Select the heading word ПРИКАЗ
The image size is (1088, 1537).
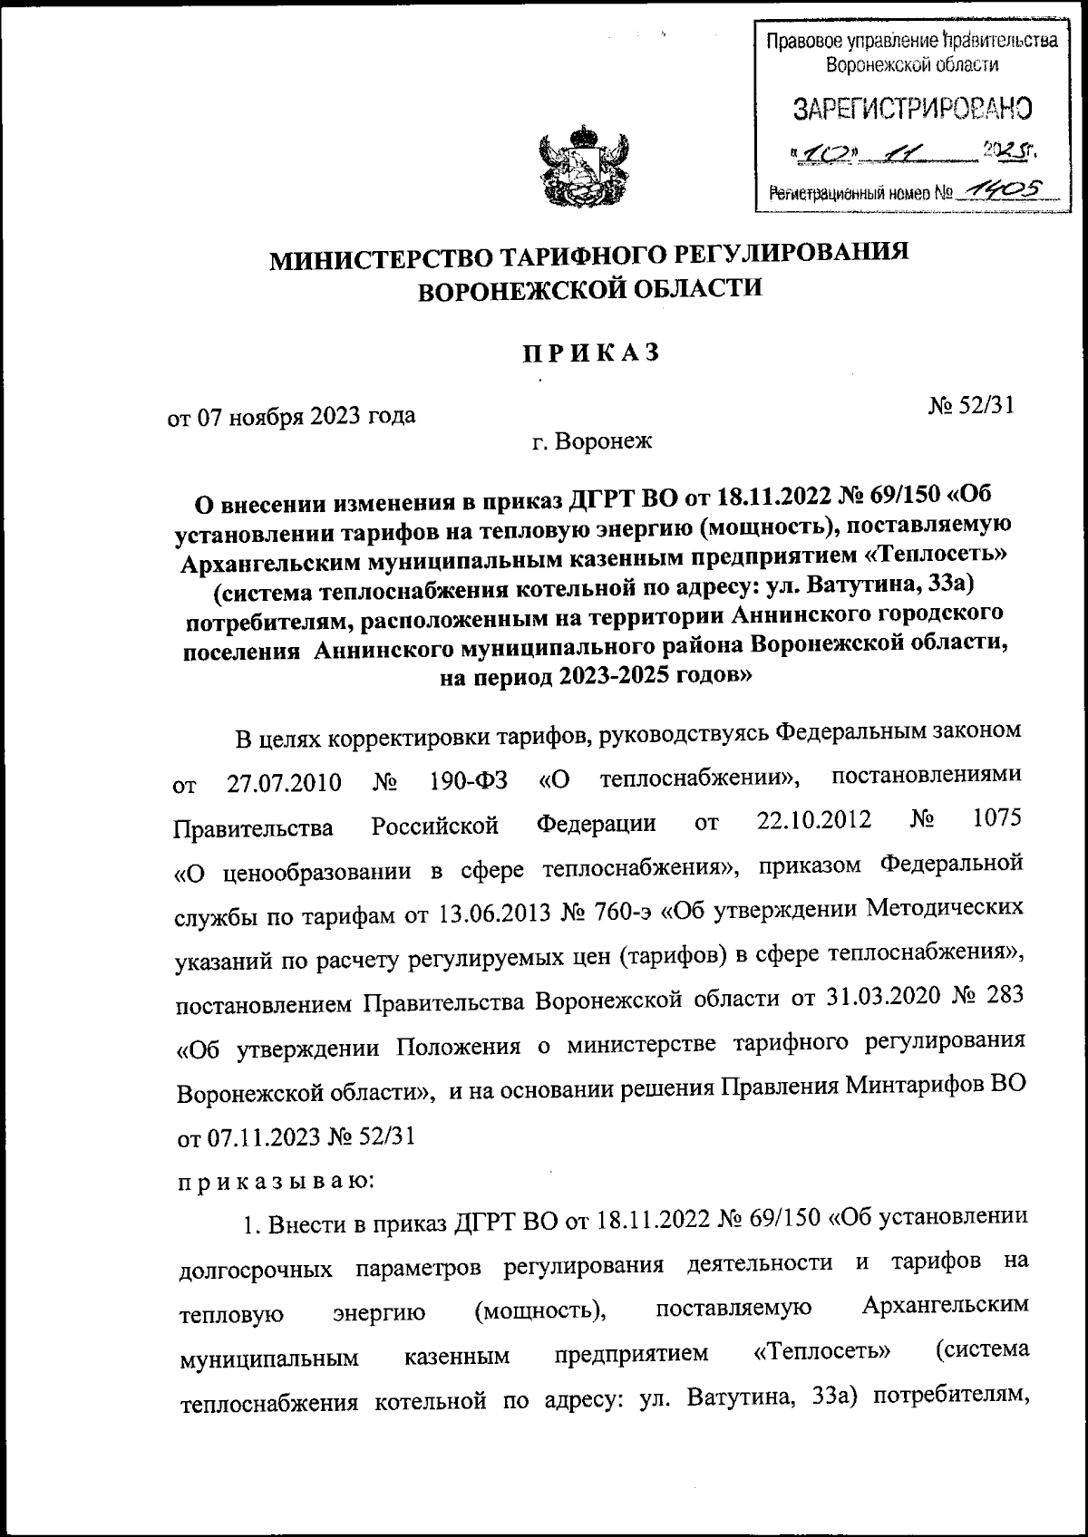coord(589,353)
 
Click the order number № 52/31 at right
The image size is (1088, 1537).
coord(970,407)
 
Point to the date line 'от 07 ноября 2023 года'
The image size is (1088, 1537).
coord(291,417)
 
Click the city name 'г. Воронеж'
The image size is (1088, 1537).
coord(591,441)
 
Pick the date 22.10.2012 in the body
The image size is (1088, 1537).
coord(813,821)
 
